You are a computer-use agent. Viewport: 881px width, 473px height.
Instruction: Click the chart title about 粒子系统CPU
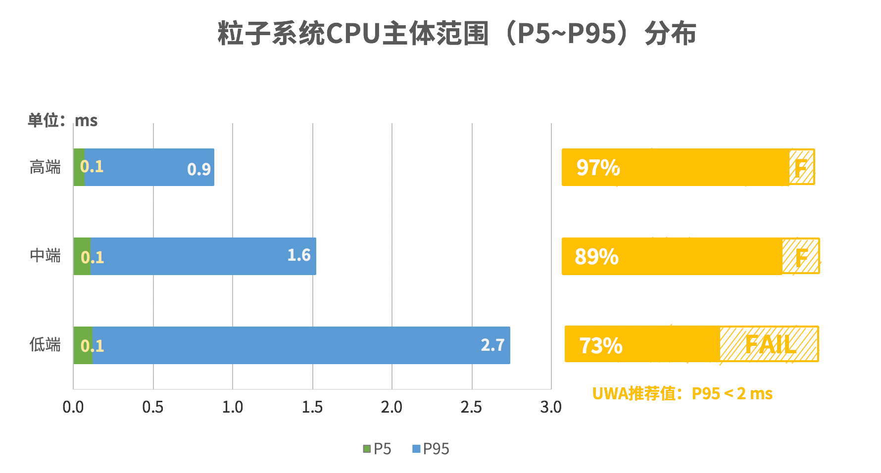tap(456, 34)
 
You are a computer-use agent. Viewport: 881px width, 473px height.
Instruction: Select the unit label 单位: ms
tap(62, 120)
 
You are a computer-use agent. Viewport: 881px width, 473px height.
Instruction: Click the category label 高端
tap(45, 167)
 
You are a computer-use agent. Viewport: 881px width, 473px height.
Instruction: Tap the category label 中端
tap(45, 255)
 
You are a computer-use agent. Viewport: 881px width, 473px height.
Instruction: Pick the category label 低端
tap(45, 344)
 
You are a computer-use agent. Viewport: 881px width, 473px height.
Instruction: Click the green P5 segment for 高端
tap(79, 167)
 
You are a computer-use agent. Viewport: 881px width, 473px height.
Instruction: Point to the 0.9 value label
tap(199, 169)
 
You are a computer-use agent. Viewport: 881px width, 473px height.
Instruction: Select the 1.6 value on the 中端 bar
tap(299, 255)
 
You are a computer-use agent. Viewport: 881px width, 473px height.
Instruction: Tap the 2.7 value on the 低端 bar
tap(492, 345)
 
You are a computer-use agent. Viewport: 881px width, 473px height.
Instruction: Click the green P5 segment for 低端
tap(83, 345)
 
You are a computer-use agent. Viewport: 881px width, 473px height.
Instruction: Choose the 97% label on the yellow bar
tap(598, 168)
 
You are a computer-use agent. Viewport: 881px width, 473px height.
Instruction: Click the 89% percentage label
tap(596, 257)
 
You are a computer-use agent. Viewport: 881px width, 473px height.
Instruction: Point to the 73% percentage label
tap(600, 345)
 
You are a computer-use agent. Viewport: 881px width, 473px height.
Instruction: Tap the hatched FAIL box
tap(769, 344)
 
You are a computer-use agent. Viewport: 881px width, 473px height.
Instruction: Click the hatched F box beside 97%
tap(801, 167)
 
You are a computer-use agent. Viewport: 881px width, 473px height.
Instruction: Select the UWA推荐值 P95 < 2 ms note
tap(682, 394)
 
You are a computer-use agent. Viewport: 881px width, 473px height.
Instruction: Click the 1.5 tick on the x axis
tap(312, 407)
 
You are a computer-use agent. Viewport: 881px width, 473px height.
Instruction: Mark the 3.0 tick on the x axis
tap(551, 407)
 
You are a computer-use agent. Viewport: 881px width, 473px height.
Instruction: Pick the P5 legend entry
tap(377, 449)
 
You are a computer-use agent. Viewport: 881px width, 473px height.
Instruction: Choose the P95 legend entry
tap(431, 449)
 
